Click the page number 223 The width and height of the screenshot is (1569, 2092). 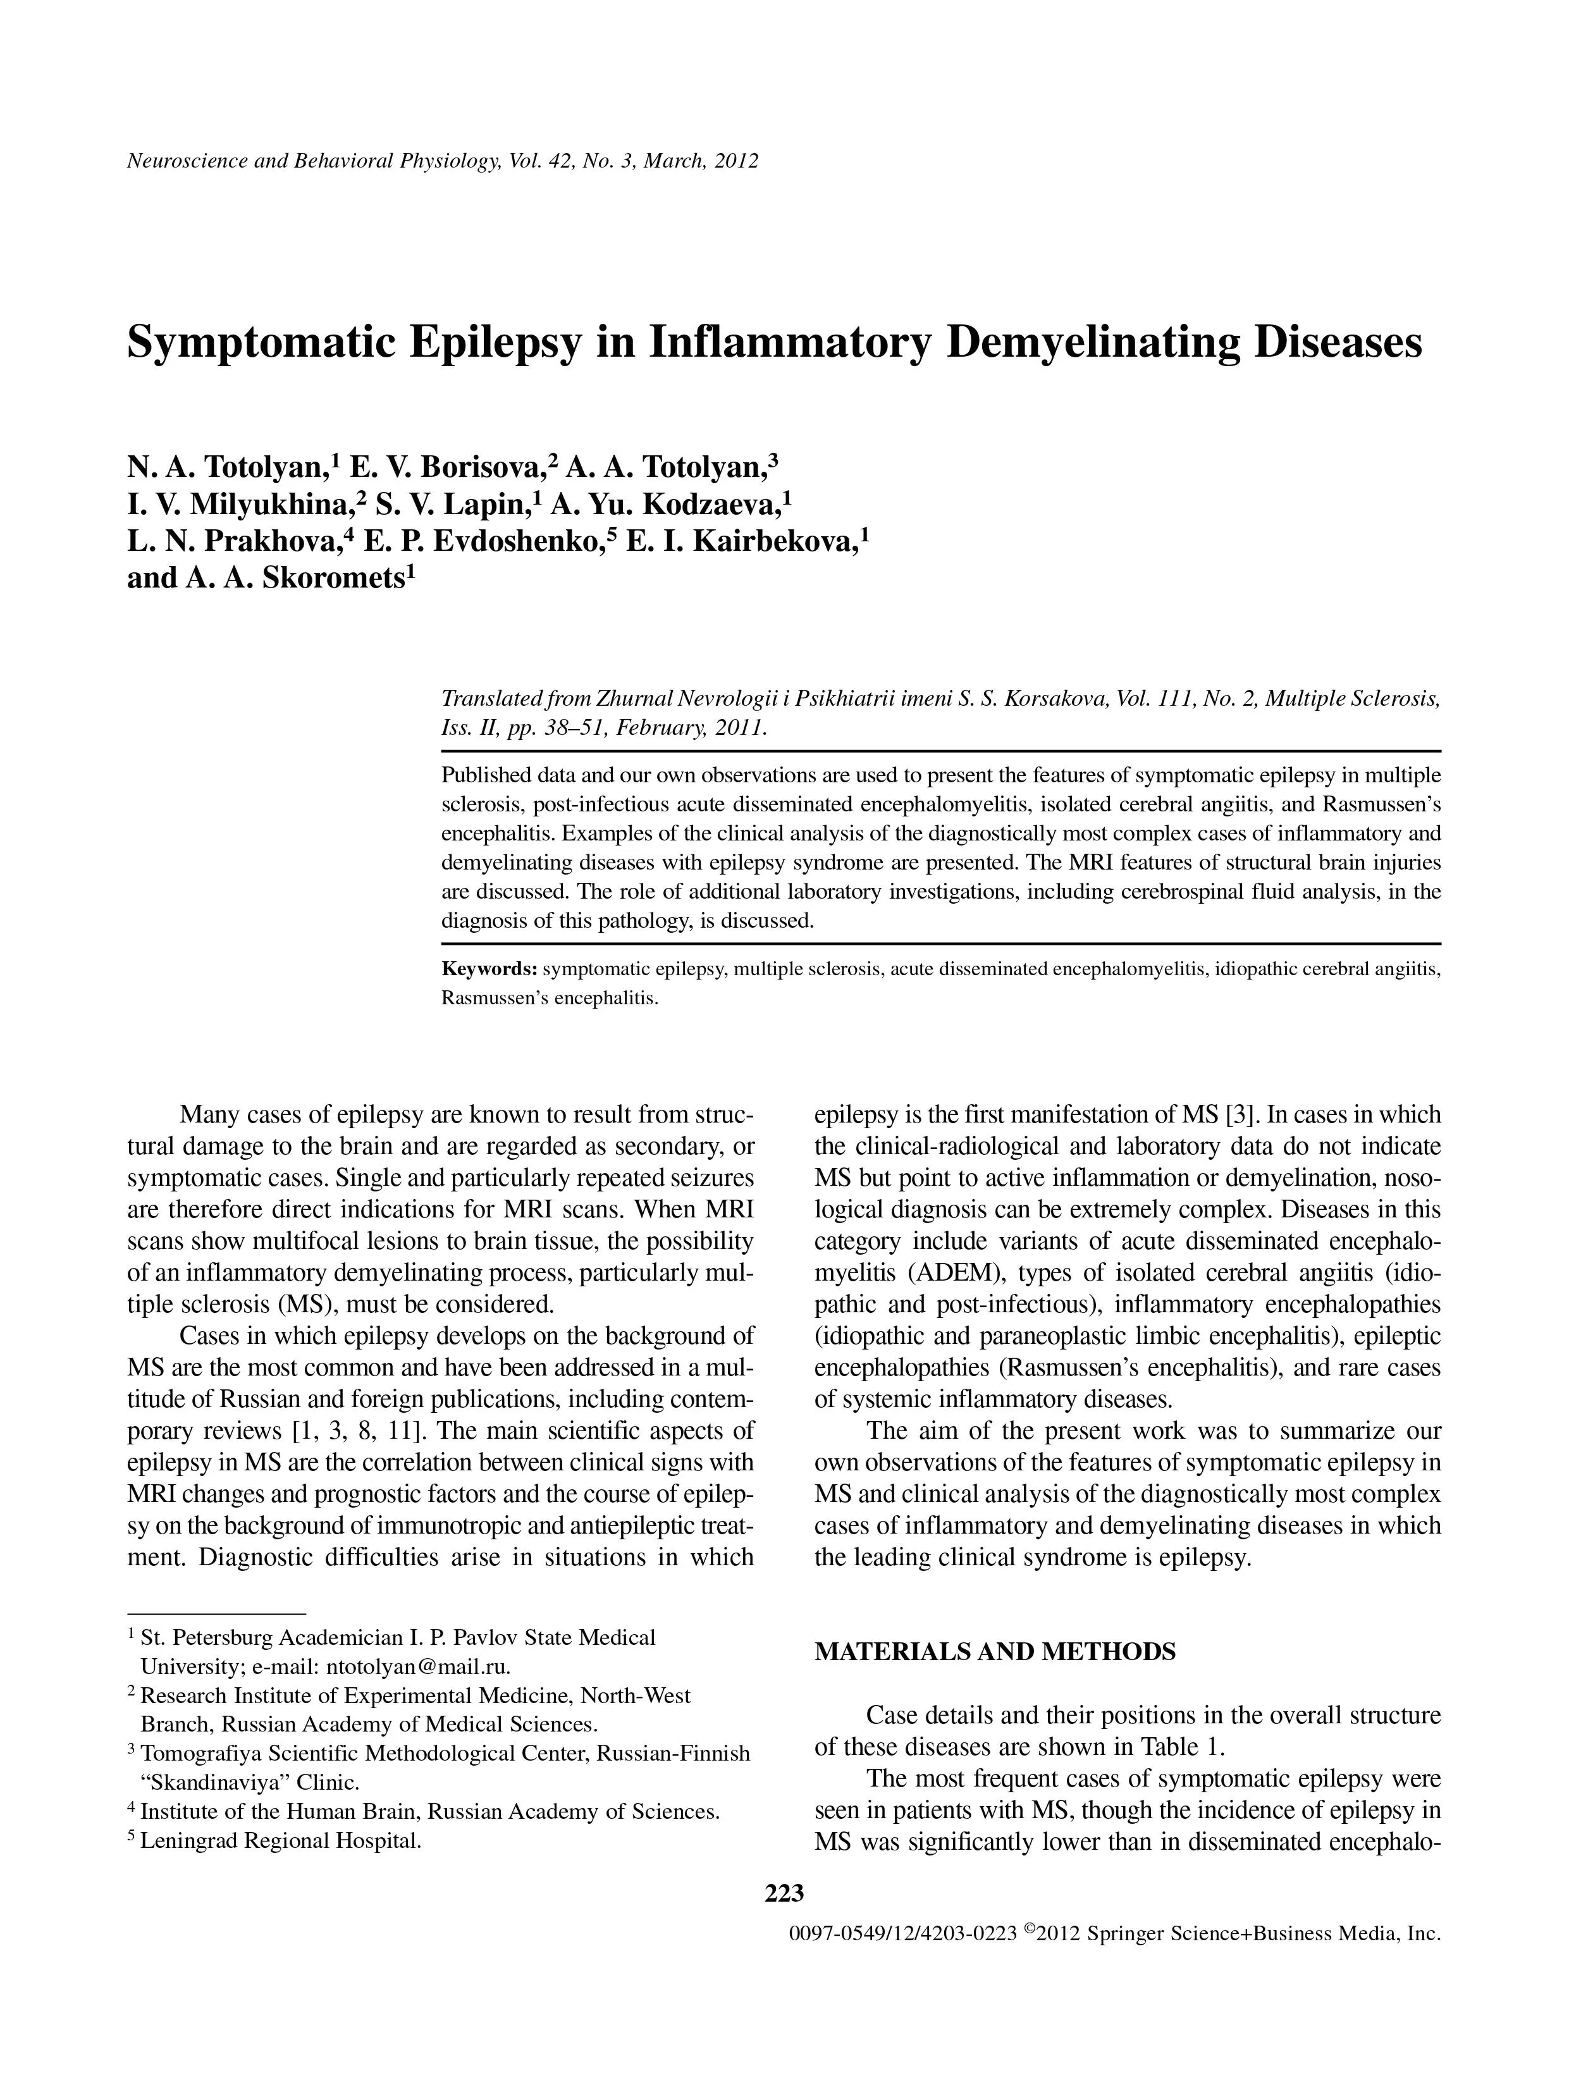784,1892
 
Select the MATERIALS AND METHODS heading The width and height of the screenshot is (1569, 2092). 995,1651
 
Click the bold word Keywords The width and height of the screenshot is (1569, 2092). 489,969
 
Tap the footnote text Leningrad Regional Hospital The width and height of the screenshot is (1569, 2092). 280,1840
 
